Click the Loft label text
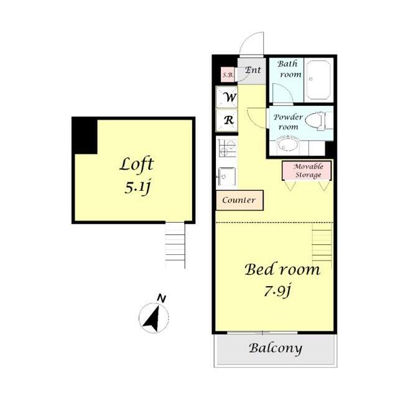pos(137,165)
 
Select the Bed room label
pos(282,269)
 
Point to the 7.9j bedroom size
pos(277,290)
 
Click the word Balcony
pos(275,348)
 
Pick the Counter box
pos(239,200)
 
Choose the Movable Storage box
pos(307,170)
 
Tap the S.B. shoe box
pos(228,75)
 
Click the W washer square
pos(226,97)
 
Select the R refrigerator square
pos(226,120)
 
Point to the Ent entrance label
pos(253,70)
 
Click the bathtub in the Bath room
pos(318,80)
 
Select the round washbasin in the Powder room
pos(288,145)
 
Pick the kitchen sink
pos(227,177)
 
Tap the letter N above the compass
pos(162,298)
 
